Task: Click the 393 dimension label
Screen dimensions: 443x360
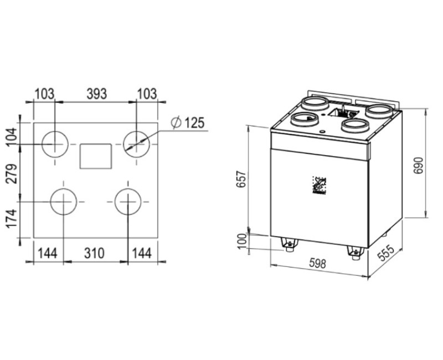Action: (96, 94)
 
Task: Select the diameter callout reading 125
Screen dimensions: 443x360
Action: (188, 123)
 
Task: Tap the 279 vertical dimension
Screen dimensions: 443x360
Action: (12, 173)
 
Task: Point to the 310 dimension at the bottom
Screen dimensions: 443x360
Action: (94, 253)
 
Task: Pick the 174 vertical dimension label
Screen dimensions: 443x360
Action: (12, 218)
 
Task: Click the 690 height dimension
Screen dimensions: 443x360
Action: (419, 165)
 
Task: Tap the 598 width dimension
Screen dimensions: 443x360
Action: (317, 264)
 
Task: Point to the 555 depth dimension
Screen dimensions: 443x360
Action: (385, 254)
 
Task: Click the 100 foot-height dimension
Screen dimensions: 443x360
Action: (242, 241)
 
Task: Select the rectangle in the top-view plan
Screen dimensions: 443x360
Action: (96, 156)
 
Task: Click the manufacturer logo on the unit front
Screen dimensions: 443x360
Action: (320, 186)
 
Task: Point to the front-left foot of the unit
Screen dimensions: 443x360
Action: (289, 244)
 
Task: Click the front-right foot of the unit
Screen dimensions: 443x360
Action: (355, 253)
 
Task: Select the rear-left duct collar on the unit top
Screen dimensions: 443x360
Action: (315, 104)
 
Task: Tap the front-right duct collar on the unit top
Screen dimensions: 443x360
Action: (355, 125)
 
